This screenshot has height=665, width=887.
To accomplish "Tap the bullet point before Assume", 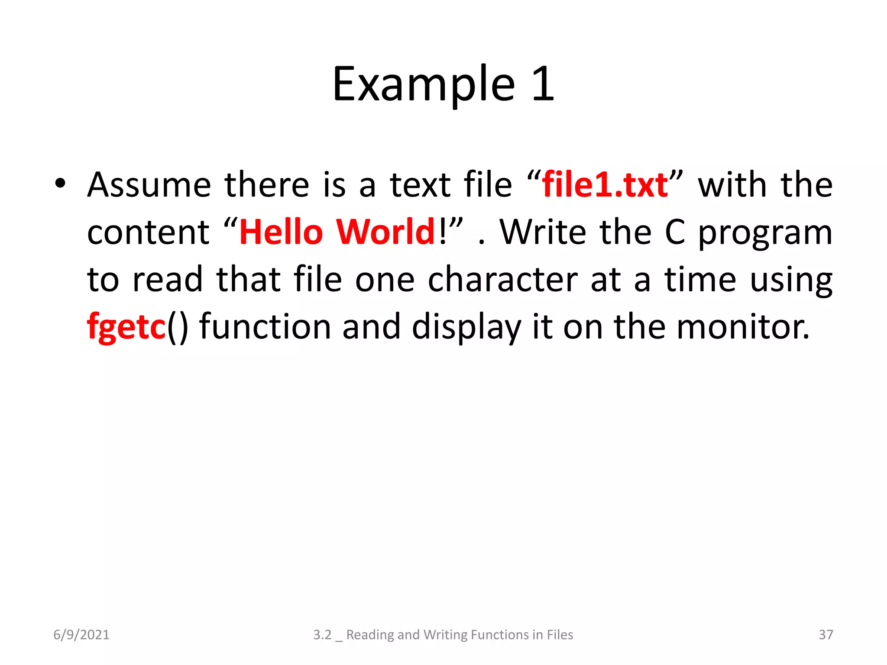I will (x=60, y=184).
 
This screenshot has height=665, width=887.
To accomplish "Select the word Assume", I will (x=149, y=185).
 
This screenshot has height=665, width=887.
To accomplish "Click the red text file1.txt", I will (x=605, y=185).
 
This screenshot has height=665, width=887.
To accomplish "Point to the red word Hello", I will (x=281, y=232).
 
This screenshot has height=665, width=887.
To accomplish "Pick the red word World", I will (x=385, y=232).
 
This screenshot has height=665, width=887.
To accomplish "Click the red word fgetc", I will (x=126, y=327).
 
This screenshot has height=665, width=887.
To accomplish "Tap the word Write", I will (x=544, y=232).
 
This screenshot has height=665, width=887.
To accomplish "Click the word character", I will (x=502, y=280).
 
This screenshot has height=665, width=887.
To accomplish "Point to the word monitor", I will (x=742, y=327).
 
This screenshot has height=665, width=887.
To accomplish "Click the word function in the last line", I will (x=265, y=327).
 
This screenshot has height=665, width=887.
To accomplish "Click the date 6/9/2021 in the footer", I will (x=81, y=635).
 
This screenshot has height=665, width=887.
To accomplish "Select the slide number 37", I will (x=825, y=635).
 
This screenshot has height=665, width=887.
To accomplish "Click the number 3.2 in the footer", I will (x=322, y=635).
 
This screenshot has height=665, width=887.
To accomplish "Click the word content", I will (x=148, y=233).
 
